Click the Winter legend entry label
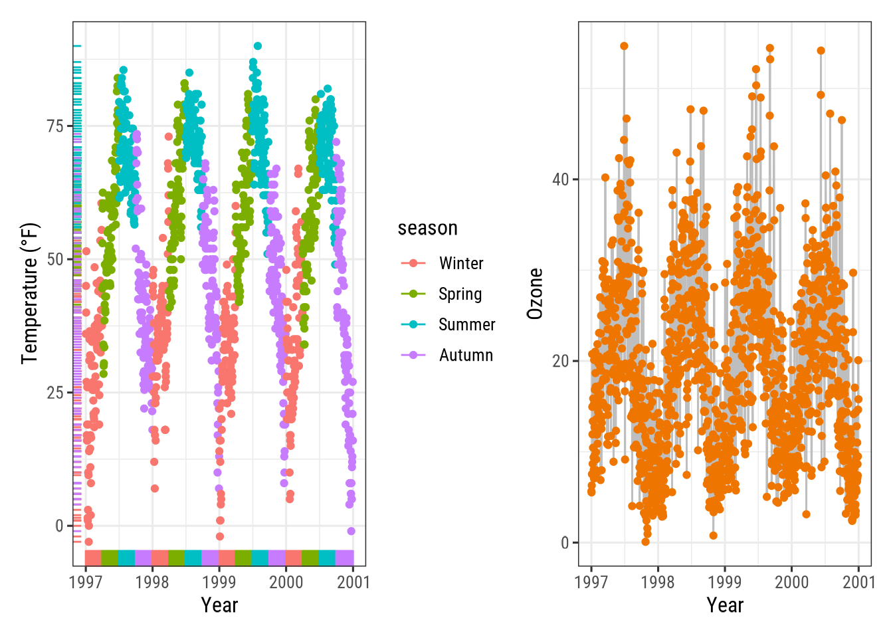[x=461, y=264]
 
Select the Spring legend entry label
[x=460, y=294]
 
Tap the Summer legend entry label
[x=466, y=325]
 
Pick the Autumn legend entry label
[x=466, y=356]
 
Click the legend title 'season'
[x=427, y=229]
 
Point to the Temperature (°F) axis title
[x=30, y=293]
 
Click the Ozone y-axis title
[x=535, y=294]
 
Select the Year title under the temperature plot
[x=219, y=605]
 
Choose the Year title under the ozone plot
[x=725, y=605]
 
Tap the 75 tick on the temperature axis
[x=55, y=126]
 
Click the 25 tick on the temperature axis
[x=55, y=393]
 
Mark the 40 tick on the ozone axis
[x=561, y=179]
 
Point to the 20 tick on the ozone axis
[x=561, y=362]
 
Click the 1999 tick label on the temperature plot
[x=219, y=582]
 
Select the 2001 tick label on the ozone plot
[x=858, y=582]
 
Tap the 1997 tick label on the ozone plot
[x=591, y=582]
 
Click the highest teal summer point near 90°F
[x=257, y=47]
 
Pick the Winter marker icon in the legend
[x=413, y=264]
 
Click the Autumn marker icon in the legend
[x=413, y=356]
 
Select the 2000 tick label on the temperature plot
[x=286, y=582]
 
